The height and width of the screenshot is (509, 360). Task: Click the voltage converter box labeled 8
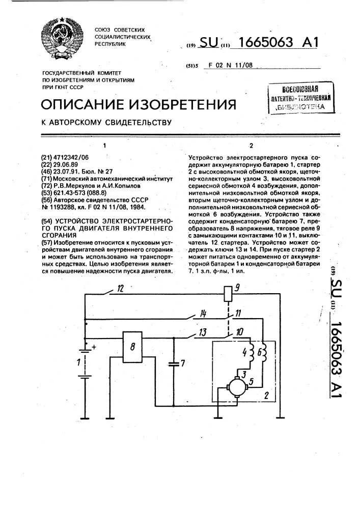(133, 348)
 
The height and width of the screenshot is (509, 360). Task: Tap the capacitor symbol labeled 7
(174, 363)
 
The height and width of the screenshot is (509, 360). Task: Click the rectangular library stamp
(301, 96)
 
